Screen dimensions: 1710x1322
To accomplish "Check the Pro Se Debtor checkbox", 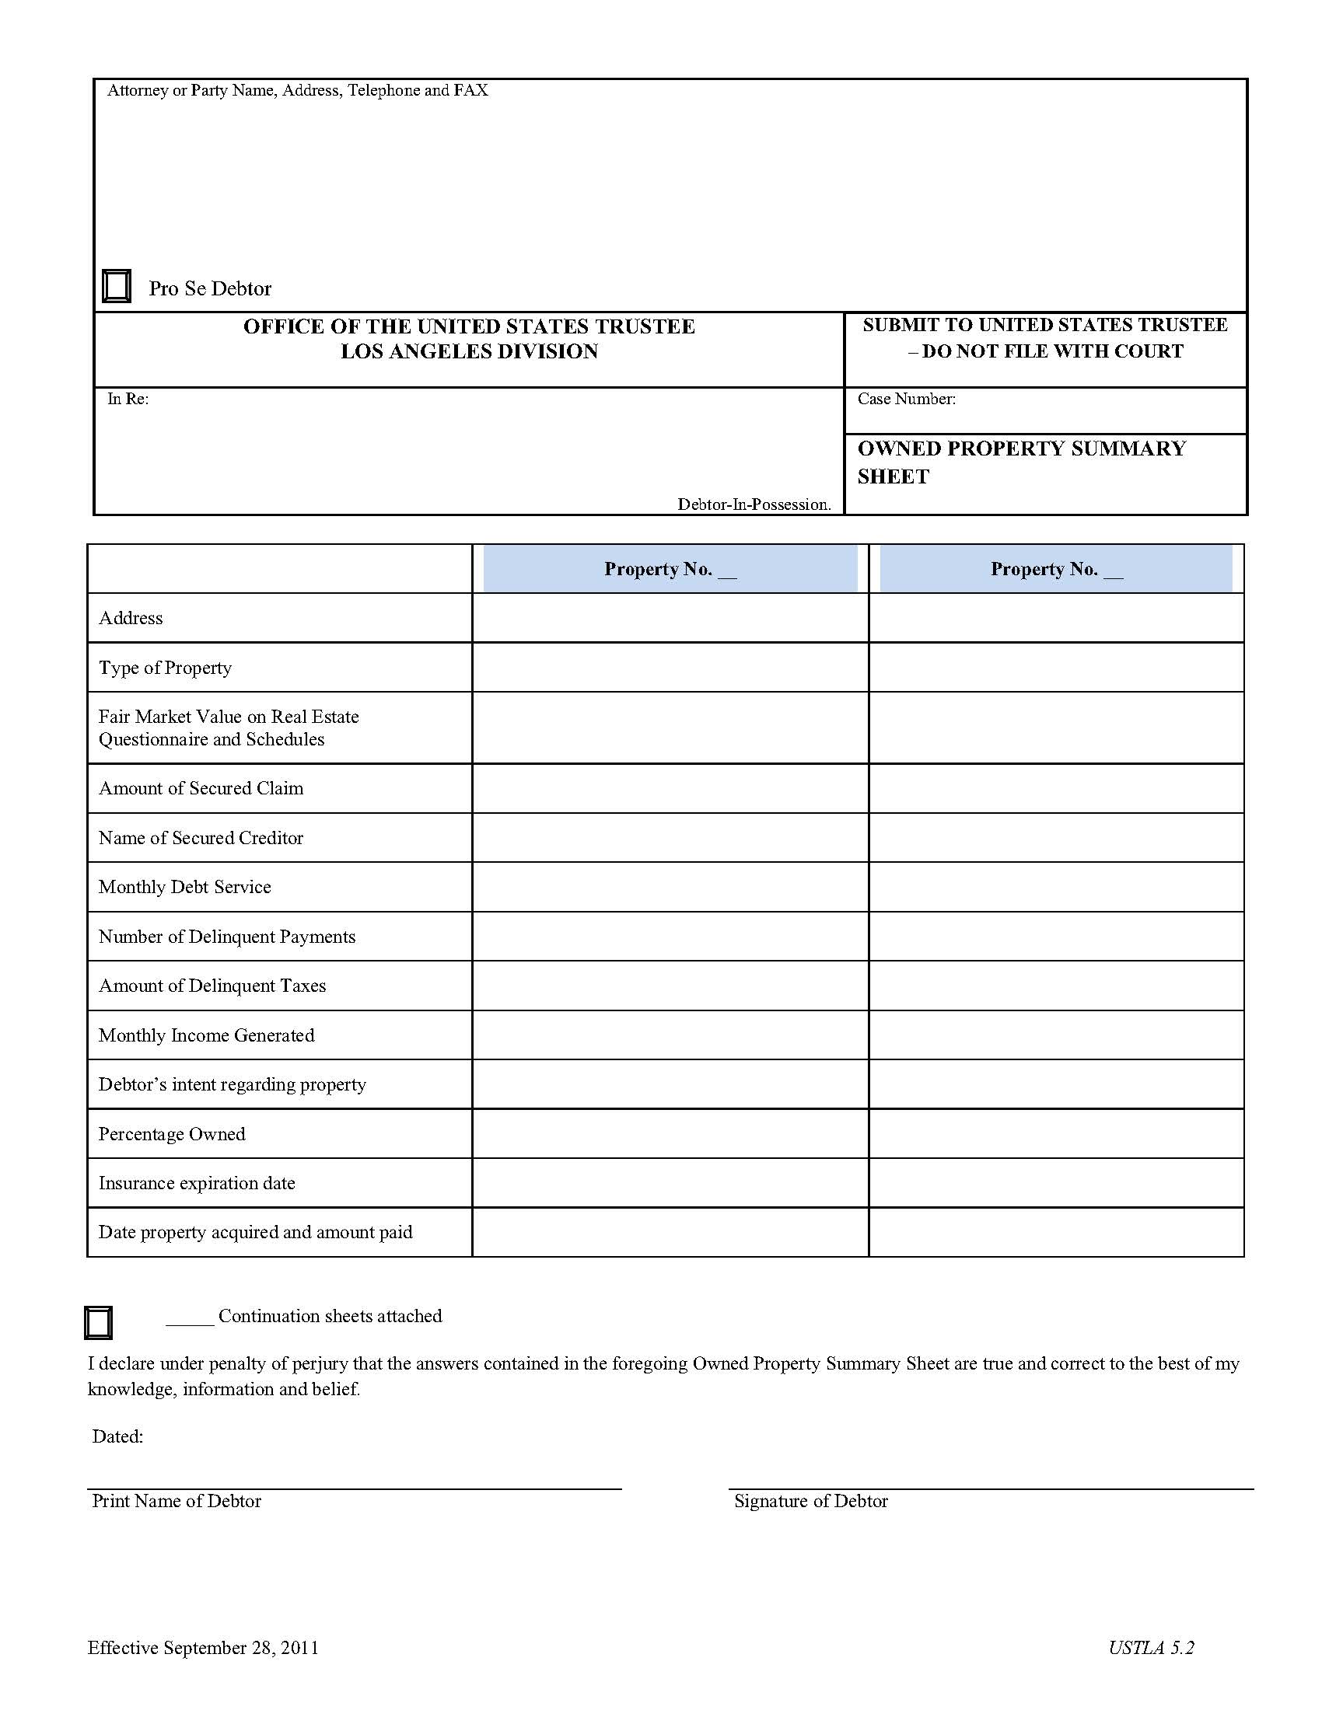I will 117,287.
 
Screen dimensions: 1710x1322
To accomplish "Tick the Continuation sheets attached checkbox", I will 98,1322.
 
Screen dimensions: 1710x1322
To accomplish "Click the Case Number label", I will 906,400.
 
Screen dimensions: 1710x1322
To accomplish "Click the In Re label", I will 128,400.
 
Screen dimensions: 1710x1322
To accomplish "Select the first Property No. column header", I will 670,569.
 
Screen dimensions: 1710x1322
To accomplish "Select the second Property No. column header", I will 1056,569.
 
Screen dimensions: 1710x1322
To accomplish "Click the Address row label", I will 131,619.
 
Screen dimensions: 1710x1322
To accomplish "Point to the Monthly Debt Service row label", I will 185,887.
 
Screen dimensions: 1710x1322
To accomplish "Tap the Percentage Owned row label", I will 172,1135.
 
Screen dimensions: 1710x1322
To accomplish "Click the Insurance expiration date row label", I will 197,1184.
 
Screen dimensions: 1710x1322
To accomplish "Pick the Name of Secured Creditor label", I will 201,838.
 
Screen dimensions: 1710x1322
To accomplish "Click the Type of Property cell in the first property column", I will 670,668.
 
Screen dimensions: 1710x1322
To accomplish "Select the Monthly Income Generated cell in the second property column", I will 1056,1035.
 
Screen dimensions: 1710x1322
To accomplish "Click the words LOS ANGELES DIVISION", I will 469,351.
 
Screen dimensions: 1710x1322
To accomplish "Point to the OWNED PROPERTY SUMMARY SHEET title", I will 1020,462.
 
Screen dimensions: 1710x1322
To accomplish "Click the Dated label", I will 117,1436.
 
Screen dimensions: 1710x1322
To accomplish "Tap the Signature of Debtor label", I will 810,1502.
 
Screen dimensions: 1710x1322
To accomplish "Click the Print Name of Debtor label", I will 177,1502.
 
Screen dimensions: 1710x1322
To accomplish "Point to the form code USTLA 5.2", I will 1150,1648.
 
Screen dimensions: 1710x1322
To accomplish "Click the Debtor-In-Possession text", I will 754,505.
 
